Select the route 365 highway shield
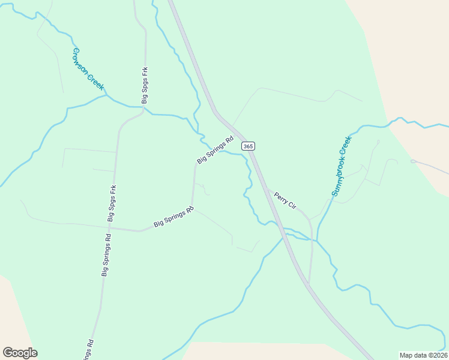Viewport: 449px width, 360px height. coord(249,146)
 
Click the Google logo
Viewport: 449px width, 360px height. coord(20,353)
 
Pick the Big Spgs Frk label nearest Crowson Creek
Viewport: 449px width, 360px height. coord(145,85)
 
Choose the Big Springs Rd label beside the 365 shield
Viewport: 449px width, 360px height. coord(215,150)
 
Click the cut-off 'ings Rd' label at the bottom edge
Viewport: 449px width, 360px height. coord(88,350)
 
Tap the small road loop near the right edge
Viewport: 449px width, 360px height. coord(413,161)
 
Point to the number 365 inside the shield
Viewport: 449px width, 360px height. coord(249,146)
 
